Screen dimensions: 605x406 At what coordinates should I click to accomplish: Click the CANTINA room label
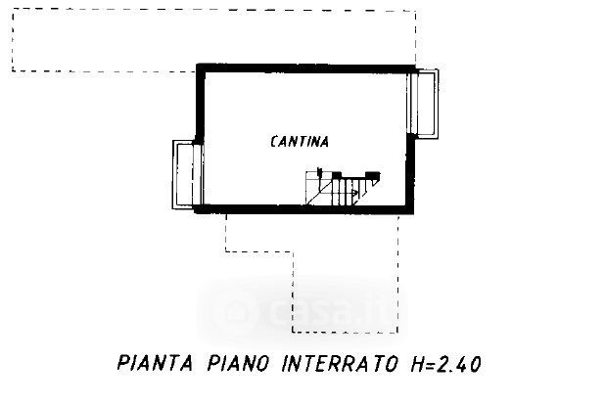(x=300, y=142)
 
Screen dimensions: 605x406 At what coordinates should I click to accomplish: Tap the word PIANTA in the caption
(x=155, y=363)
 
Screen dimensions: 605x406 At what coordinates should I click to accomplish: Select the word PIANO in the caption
(x=238, y=363)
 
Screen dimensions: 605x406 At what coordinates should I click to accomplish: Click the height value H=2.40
(x=446, y=364)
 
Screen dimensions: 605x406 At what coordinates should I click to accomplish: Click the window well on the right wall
(x=424, y=104)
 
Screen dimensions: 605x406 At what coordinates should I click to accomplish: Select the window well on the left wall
(x=187, y=175)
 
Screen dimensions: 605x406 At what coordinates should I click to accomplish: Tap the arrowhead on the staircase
(x=354, y=191)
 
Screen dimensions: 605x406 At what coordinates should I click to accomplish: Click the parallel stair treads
(x=344, y=192)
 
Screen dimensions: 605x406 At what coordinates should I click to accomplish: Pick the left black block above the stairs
(x=337, y=175)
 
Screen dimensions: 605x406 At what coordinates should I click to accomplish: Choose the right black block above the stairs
(x=373, y=176)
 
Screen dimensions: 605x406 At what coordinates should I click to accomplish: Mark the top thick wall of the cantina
(x=304, y=68)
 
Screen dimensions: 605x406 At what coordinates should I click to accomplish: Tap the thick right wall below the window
(x=410, y=173)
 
